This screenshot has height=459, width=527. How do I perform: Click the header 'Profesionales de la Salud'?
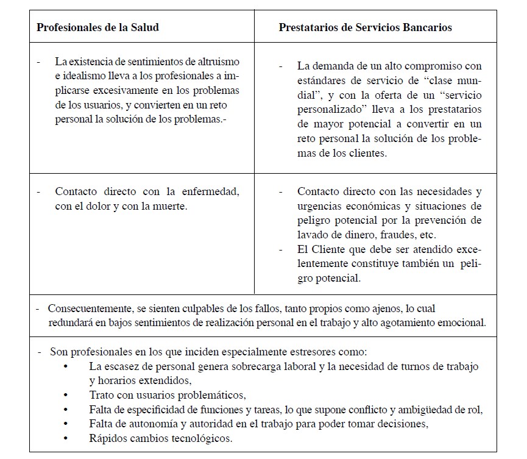tap(98, 27)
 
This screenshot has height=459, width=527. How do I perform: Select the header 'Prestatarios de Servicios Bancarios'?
tap(366, 27)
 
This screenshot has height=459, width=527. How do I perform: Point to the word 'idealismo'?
tap(80, 76)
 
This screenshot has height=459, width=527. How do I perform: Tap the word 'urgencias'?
tap(321, 206)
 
